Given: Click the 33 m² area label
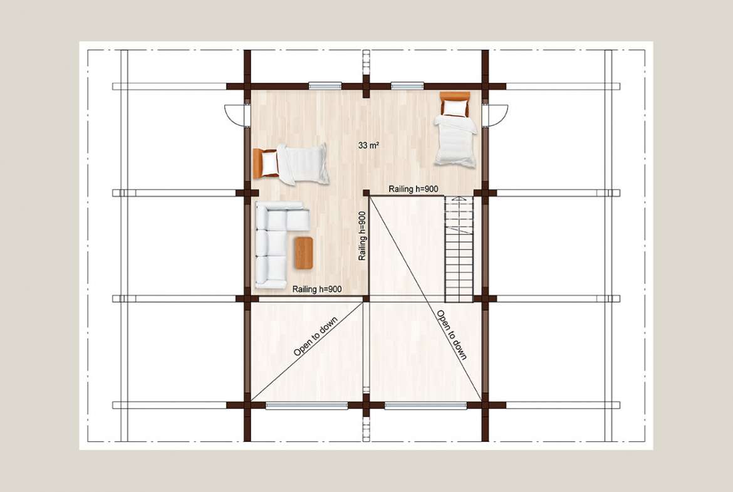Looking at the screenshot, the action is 368,145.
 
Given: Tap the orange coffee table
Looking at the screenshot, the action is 304,253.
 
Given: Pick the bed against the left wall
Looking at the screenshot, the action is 290,164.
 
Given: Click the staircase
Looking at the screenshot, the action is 459,249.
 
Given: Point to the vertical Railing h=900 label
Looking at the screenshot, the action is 362,236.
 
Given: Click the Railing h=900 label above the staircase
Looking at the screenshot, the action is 413,189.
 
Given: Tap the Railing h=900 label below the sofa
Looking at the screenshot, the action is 317,289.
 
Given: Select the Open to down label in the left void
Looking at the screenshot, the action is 316,337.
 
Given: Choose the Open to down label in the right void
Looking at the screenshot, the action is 452,335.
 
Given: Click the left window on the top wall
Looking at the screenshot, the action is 325,86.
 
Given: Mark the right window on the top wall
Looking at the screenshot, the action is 407,86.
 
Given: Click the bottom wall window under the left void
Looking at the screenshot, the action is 306,406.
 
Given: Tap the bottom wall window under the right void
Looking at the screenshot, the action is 425,406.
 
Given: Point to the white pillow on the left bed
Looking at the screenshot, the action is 270,164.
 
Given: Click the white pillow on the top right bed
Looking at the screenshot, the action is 455,108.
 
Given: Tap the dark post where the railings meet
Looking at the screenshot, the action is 366,192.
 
